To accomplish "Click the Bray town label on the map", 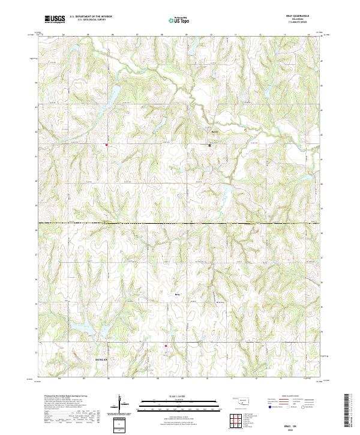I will pos(177,294).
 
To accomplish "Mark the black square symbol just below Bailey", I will pos(210,145).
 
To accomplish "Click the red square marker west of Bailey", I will pos(107,145).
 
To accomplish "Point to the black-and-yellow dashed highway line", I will pos(180,224).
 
